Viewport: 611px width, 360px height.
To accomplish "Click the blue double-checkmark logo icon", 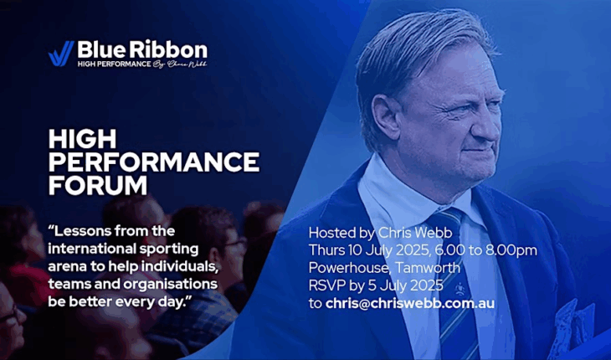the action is pos(61,54).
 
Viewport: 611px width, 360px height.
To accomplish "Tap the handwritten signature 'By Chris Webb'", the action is pos(180,64).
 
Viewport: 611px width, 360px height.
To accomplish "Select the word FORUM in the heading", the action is pos(98,185).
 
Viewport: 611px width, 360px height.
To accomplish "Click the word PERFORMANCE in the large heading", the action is pos(154,162).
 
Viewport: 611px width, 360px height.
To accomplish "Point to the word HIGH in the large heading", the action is pos(83,139).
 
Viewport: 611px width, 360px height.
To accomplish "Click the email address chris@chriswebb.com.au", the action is pos(410,304).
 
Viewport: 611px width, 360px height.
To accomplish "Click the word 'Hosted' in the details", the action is pos(331,233).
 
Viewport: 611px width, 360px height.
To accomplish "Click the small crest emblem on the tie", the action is pos(460,289).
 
